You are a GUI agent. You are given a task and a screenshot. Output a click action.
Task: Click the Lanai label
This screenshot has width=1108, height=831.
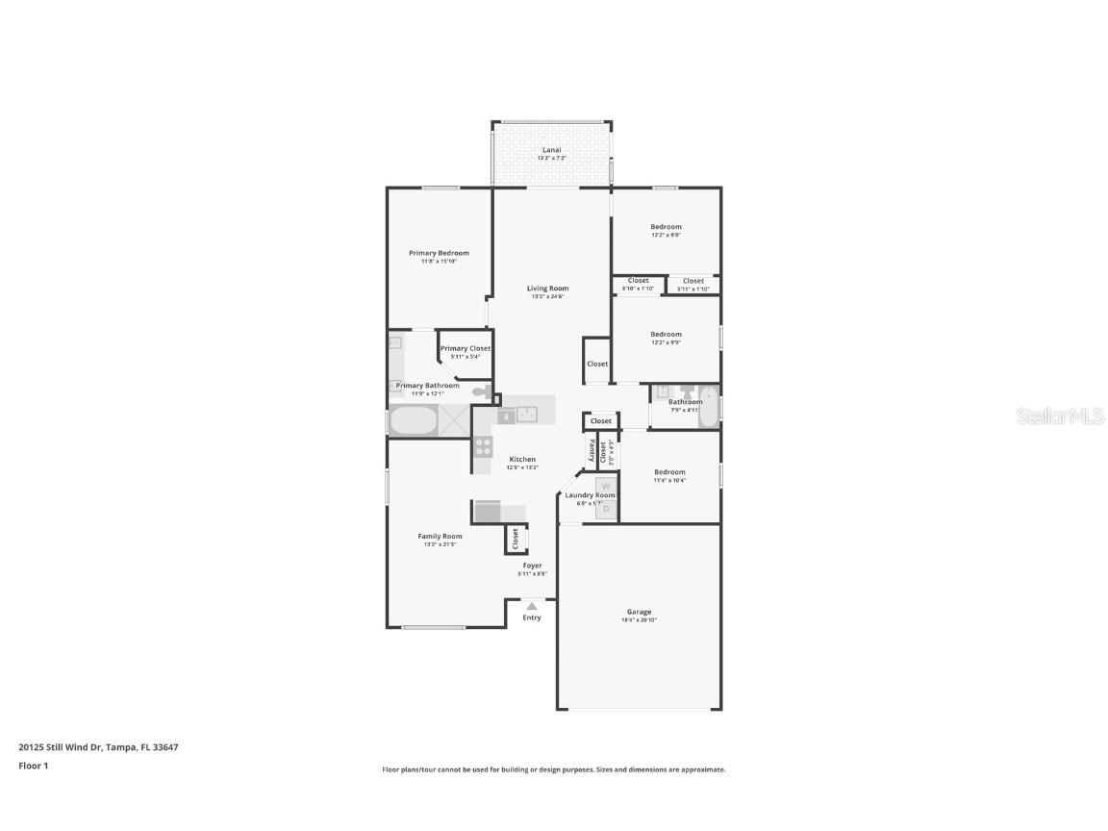[551, 150]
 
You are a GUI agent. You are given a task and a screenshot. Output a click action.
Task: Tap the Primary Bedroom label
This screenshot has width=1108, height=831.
[439, 253]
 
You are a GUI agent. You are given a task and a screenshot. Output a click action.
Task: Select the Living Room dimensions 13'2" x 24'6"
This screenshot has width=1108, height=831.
[547, 296]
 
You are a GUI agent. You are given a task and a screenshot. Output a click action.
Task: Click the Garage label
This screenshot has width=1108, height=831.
[639, 612]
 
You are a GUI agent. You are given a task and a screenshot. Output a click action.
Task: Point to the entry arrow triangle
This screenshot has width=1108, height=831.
[531, 605]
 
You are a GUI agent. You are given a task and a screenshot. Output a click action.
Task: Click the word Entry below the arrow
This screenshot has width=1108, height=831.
[532, 617]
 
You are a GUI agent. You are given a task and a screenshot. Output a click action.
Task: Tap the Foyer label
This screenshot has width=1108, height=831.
[532, 566]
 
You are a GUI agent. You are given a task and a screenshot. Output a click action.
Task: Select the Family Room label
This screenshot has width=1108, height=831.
[440, 536]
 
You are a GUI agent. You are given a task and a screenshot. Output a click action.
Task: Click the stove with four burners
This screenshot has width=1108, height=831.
[483, 446]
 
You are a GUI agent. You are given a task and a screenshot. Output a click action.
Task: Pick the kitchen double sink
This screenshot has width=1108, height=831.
[526, 415]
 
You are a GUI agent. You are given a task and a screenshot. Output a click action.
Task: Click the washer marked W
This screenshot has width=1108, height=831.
[606, 487]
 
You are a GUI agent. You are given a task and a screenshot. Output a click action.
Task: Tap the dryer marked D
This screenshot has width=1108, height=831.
[606, 509]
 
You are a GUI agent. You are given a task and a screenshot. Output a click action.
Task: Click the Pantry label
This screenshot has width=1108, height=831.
[591, 450]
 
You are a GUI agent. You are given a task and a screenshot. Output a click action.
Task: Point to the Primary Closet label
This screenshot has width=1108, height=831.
[466, 348]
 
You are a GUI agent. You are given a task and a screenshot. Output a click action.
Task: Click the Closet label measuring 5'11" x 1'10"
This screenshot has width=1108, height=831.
[693, 281]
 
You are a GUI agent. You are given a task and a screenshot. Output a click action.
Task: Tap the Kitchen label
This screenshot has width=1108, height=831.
[522, 459]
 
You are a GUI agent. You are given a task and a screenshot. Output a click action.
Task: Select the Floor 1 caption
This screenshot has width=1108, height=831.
[33, 767]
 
